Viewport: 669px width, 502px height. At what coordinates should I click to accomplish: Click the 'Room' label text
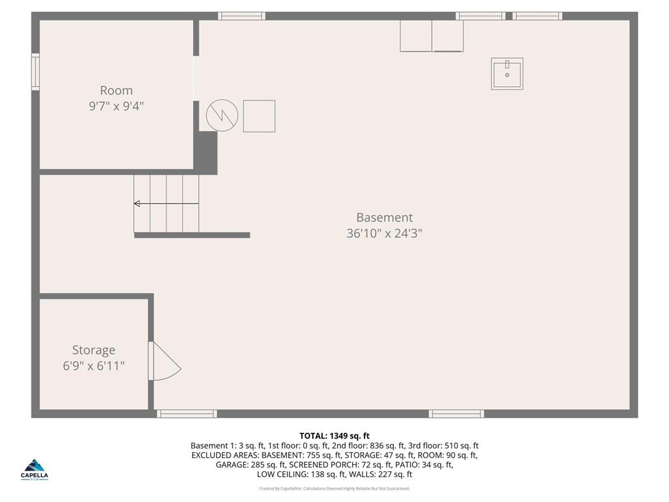(x=116, y=91)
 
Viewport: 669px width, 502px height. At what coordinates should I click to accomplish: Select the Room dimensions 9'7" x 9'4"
(x=116, y=106)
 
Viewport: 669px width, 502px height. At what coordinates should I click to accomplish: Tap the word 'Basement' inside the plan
(x=384, y=218)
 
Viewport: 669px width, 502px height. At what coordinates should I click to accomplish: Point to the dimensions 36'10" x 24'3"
(x=384, y=233)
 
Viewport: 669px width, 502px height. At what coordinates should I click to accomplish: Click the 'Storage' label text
(x=93, y=350)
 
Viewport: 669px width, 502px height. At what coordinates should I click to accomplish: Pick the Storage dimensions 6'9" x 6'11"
(x=93, y=366)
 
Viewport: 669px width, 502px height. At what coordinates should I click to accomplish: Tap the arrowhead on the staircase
(x=137, y=204)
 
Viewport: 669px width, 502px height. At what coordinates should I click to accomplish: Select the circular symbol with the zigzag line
(x=222, y=116)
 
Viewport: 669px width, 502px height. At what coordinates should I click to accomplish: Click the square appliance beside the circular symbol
(x=259, y=116)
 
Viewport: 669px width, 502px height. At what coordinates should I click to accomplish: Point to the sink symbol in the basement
(x=507, y=74)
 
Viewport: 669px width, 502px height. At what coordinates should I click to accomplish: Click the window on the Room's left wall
(x=35, y=72)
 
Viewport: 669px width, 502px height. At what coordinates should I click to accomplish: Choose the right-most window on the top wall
(x=537, y=16)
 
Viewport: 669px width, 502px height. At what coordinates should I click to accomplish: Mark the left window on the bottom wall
(x=187, y=414)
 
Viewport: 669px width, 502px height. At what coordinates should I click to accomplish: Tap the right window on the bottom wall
(x=456, y=414)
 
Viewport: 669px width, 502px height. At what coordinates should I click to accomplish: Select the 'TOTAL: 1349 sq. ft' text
(x=334, y=436)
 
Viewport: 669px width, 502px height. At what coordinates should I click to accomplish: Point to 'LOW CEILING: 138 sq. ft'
(x=295, y=475)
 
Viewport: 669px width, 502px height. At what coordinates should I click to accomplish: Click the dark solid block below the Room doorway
(x=206, y=152)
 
